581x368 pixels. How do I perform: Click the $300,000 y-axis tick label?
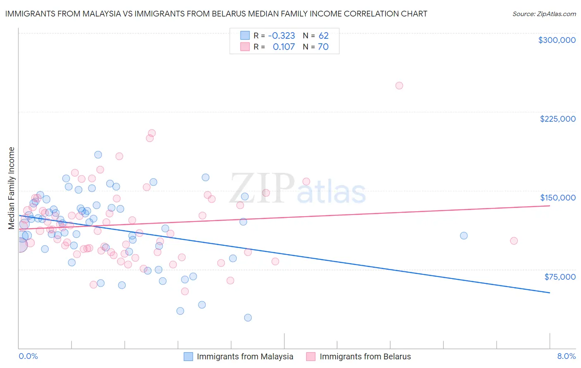coord(557,40)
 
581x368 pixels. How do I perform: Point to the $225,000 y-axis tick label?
coord(557,119)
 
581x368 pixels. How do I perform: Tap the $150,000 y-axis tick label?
coord(557,198)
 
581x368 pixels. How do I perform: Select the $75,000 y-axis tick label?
coord(560,277)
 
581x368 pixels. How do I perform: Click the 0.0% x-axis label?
coord(28,356)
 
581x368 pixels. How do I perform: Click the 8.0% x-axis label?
coord(566,356)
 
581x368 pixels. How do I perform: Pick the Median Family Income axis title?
coord(11,188)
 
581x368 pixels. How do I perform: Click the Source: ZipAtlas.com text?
coord(544,14)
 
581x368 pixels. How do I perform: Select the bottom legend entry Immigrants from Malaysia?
coord(245,356)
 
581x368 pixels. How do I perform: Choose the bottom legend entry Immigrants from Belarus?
coord(365,356)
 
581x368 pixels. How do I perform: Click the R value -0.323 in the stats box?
coord(281,35)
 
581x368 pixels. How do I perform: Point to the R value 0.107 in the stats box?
coord(284,47)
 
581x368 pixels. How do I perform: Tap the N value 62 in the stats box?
coord(323,35)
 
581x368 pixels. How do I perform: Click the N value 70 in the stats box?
coord(323,47)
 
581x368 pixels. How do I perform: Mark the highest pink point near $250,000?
coord(399,86)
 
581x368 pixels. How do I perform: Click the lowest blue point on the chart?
coord(248,318)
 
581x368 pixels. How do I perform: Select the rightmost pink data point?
coord(514,241)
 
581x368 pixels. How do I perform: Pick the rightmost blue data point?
coord(464,236)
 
